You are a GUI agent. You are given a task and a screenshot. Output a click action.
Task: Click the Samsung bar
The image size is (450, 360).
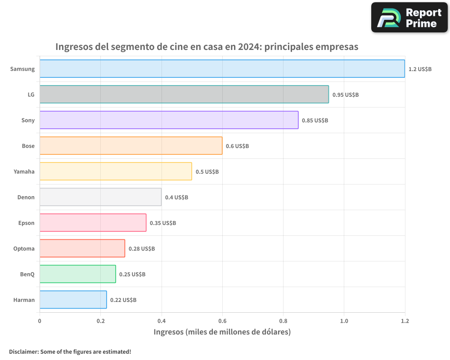222,69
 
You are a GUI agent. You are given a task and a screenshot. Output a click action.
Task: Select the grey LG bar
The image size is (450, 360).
184,94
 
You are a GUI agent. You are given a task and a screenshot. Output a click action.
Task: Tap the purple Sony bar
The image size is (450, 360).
169,120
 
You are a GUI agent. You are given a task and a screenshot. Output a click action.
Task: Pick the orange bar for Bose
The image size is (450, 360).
131,146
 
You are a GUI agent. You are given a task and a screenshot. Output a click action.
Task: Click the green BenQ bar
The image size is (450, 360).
77,274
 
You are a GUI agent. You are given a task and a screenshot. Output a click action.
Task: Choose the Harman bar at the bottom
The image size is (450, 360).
73,300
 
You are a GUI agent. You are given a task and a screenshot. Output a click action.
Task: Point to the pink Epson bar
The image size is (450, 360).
93,223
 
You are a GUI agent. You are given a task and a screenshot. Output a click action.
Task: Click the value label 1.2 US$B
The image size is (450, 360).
420,69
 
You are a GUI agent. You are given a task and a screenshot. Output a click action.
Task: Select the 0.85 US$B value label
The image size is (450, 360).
315,121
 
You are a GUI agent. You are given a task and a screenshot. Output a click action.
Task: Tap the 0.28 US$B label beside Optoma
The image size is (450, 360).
142,249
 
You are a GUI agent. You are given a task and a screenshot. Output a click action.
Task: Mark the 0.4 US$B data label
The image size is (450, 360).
176,198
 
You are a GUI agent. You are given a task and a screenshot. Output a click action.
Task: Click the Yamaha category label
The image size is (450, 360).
24,171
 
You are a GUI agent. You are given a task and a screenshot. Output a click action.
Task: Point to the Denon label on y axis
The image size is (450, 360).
26,197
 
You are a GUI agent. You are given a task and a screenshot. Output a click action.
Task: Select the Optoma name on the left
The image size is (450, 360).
24,248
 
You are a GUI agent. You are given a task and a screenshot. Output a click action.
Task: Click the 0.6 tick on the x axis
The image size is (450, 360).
222,321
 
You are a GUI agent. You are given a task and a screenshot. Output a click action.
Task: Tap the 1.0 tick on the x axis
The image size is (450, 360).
344,321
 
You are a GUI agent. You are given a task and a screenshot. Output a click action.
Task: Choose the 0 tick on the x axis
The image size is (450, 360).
40,321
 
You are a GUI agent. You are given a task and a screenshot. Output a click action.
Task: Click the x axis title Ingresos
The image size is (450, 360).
222,332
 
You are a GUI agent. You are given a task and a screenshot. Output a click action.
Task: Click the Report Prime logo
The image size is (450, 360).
409,18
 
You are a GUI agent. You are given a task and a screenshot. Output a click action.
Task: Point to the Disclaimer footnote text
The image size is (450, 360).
70,351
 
